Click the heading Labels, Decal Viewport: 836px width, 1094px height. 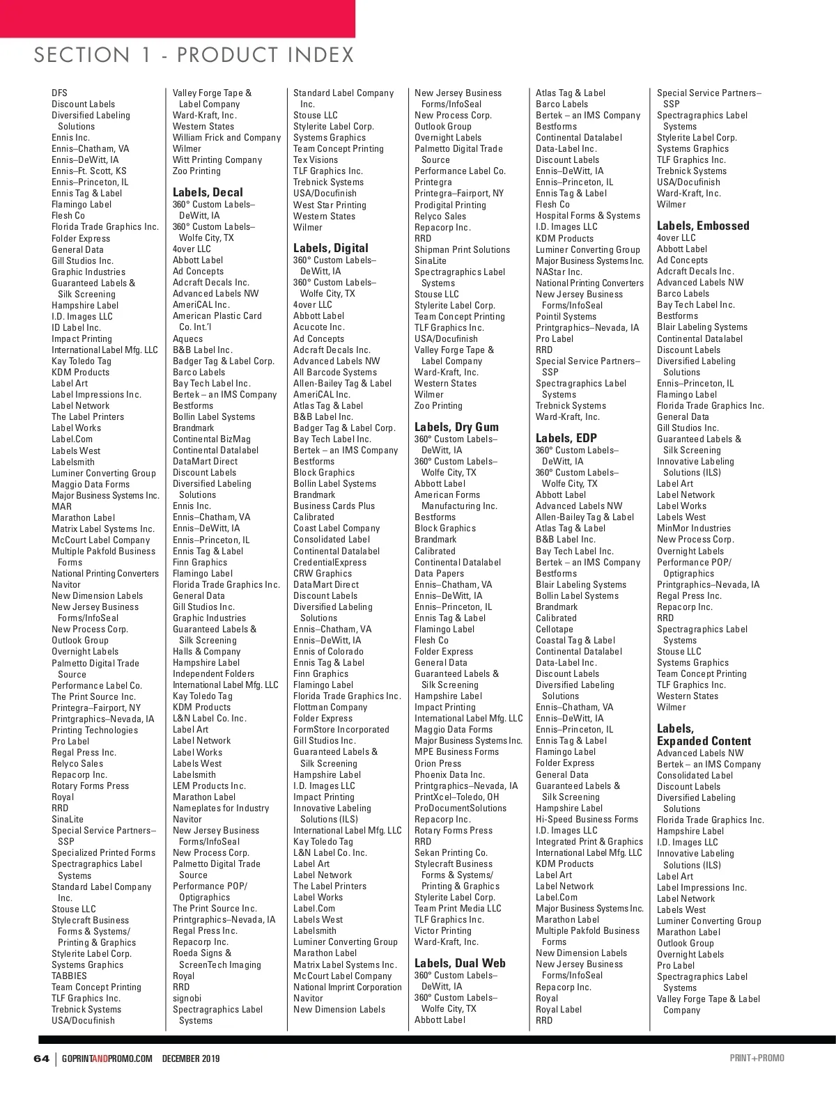click(x=208, y=192)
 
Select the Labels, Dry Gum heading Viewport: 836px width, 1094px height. click(x=456, y=427)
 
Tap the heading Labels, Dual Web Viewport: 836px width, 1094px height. click(x=460, y=963)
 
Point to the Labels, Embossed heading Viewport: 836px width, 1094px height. click(x=703, y=226)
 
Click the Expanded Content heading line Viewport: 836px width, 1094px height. click(x=704, y=741)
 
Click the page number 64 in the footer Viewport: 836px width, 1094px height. click(x=41, y=1058)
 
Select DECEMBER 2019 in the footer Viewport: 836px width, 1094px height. click(x=191, y=1058)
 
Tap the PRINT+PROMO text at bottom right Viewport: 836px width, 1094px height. click(x=757, y=1058)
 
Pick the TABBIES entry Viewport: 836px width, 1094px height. click(x=69, y=976)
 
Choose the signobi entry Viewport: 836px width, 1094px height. click(x=187, y=998)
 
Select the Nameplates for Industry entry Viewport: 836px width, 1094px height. click(x=220, y=808)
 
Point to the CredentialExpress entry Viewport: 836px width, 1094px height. click(x=330, y=562)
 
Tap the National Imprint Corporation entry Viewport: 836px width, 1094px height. click(x=347, y=987)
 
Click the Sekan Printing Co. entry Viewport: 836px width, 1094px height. click(x=451, y=852)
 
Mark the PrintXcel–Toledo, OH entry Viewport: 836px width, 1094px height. click(x=456, y=797)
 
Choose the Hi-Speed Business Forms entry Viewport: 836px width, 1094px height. click(x=587, y=819)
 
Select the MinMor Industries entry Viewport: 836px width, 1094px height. click(x=693, y=528)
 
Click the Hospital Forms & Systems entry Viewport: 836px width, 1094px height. click(x=587, y=215)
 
